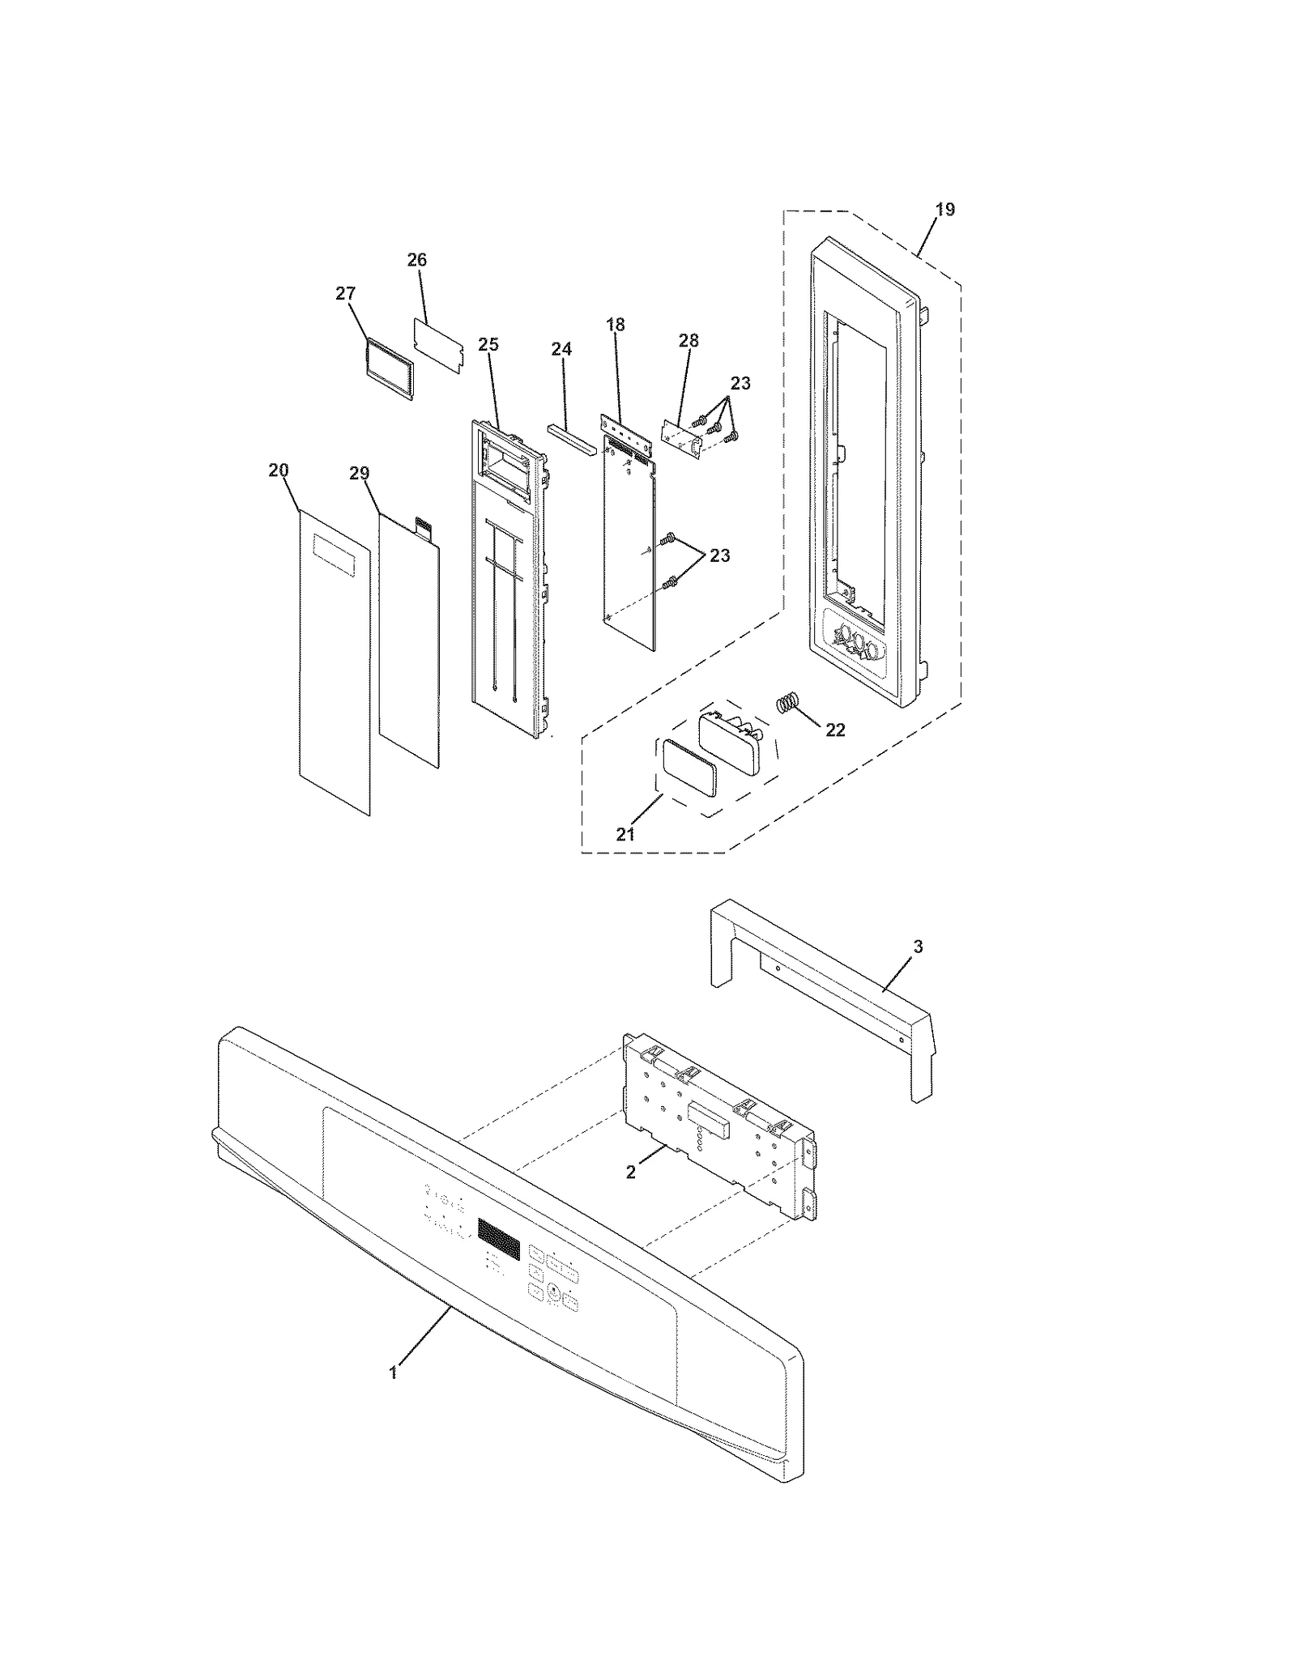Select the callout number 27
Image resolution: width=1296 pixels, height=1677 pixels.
pos(346,293)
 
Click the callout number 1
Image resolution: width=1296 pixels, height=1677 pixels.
pos(393,1373)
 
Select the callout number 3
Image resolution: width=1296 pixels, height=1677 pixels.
pos(918,947)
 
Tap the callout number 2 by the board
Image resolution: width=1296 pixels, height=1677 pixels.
pos(631,1172)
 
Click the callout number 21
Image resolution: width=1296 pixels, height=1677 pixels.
pos(625,834)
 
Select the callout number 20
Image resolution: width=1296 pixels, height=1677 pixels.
pos(279,470)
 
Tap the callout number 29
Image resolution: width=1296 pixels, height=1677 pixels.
pos(360,474)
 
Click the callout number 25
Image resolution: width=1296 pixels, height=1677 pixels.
pos(488,344)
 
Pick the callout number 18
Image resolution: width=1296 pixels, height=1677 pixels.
pos(616,325)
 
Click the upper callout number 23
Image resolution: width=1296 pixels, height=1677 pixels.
pos(740,383)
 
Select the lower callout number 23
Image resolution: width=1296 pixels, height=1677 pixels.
pos(719,555)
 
